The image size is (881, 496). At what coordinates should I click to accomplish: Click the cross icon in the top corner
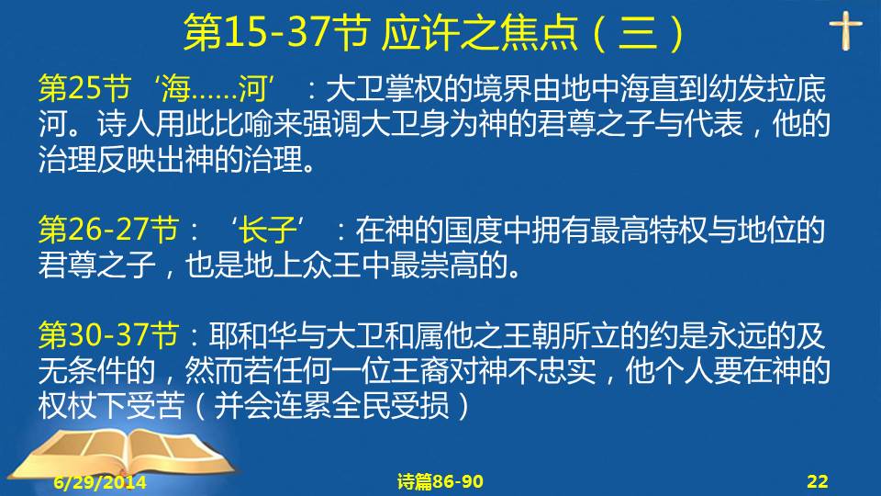(x=845, y=31)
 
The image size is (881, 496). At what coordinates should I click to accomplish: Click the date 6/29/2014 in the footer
(x=100, y=482)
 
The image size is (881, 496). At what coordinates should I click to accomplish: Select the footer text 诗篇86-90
(x=440, y=481)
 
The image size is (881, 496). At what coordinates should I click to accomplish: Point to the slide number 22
(x=817, y=481)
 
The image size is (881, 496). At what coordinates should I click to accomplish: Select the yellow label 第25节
(x=84, y=88)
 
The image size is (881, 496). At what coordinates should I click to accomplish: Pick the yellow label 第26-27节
(x=108, y=230)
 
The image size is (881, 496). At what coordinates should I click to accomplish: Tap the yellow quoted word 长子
(x=268, y=230)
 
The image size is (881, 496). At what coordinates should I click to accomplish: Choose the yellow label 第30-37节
(x=108, y=335)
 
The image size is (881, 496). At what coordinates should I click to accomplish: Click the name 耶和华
(x=253, y=335)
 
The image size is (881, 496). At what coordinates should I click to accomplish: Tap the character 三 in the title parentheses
(x=638, y=32)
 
